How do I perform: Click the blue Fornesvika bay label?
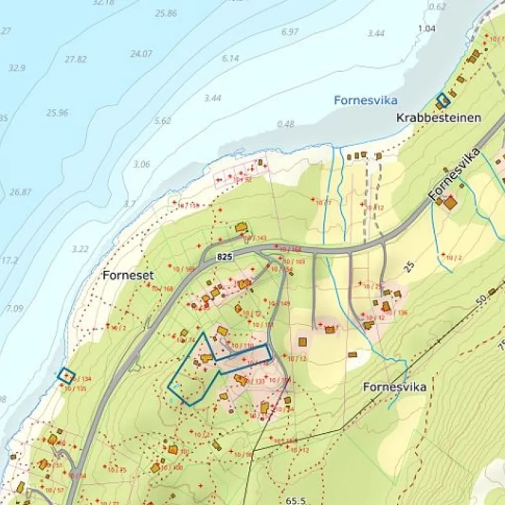[365, 100]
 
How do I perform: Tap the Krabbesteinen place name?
[439, 118]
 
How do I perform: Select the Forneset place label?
[128, 276]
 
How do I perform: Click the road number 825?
[224, 257]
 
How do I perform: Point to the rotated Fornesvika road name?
[454, 175]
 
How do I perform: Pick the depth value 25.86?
[165, 13]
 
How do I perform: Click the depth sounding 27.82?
[75, 59]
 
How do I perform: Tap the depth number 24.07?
[141, 54]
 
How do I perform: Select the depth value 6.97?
[290, 32]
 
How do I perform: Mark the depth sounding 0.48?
[285, 124]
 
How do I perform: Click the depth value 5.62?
[162, 121]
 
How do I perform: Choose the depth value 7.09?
[14, 309]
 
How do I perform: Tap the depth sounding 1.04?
[427, 28]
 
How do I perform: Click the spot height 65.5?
[295, 500]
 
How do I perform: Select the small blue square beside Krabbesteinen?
[444, 100]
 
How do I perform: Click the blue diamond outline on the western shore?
[66, 376]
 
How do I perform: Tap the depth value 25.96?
[57, 113]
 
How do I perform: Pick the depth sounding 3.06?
[142, 165]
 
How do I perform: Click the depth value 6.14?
[230, 58]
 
